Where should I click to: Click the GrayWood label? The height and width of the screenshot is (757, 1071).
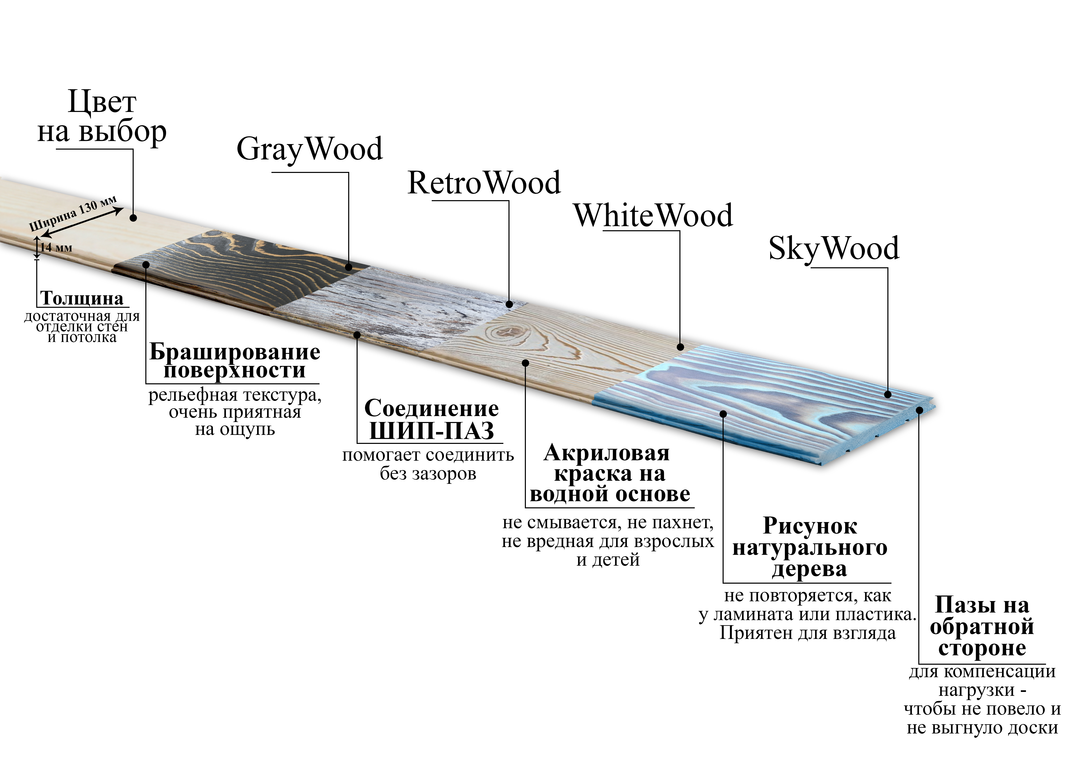(x=309, y=149)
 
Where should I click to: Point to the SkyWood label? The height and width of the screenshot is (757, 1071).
(x=834, y=249)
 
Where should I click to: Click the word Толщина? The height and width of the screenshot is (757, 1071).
(x=82, y=299)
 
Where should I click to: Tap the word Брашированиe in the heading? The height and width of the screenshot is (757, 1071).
(x=235, y=352)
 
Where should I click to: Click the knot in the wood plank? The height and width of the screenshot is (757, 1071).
(x=505, y=333)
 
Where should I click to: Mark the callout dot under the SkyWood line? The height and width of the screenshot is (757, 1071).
(x=888, y=395)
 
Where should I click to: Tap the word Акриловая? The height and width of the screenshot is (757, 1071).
(x=606, y=453)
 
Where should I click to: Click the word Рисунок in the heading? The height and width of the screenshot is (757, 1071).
(x=810, y=526)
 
